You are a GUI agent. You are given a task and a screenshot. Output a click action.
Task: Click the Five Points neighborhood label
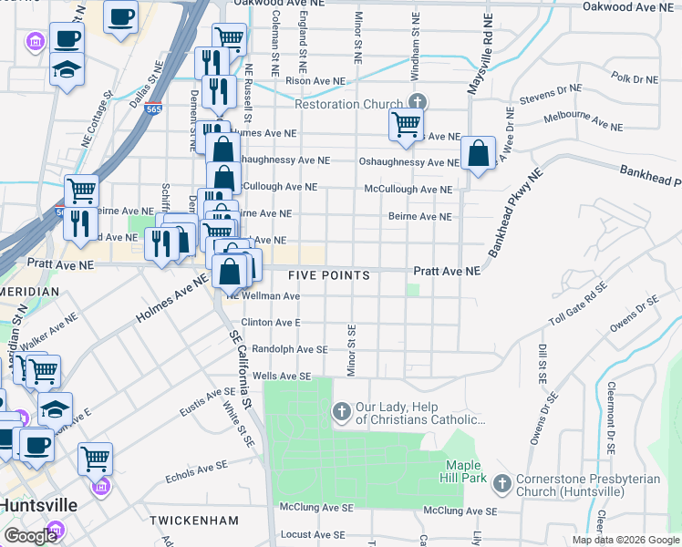(329, 275)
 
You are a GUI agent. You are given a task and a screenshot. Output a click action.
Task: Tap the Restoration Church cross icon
(418, 102)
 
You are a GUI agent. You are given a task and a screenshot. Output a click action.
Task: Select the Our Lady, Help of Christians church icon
(342, 412)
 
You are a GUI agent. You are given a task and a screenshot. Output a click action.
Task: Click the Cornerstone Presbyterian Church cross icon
(501, 481)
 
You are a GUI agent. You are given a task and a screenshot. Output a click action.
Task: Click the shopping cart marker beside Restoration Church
(406, 124)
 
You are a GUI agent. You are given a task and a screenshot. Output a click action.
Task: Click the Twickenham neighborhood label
(194, 521)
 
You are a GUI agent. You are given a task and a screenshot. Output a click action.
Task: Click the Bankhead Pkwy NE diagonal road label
(515, 212)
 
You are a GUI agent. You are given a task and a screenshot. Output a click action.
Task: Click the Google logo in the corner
(30, 535)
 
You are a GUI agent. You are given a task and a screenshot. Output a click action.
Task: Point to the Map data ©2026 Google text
(625, 540)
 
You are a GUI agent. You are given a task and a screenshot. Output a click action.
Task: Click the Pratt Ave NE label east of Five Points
(446, 272)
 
